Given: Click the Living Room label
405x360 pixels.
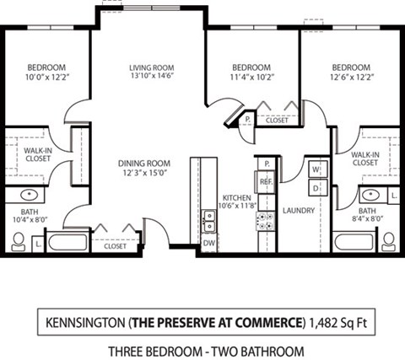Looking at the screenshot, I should (x=151, y=68).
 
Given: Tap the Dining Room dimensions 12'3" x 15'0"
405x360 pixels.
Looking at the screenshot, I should (x=144, y=174).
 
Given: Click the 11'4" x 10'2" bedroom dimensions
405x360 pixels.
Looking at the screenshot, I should (x=252, y=78).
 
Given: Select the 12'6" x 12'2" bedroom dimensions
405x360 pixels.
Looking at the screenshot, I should (x=351, y=78).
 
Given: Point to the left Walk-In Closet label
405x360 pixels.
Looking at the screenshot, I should (x=27, y=153).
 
